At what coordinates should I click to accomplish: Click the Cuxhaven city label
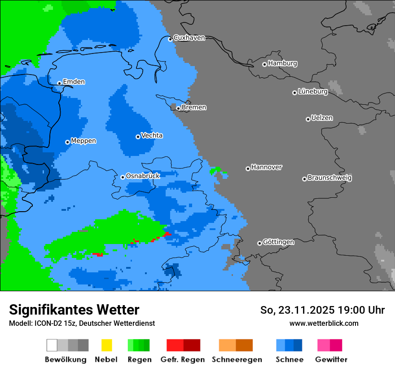click(189, 38)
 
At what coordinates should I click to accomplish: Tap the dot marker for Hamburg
click(264, 64)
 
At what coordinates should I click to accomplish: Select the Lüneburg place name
click(313, 92)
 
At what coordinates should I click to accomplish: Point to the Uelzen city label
click(322, 118)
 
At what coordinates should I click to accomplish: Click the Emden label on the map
click(74, 82)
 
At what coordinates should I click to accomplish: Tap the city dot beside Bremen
click(178, 108)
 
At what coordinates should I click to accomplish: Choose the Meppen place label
click(83, 141)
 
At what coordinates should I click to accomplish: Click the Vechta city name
click(152, 135)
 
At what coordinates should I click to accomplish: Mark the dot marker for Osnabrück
click(123, 177)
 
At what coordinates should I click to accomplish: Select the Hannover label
click(267, 167)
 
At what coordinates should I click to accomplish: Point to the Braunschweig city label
click(329, 178)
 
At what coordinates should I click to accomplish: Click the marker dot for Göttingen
click(259, 243)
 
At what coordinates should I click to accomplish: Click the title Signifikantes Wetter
click(74, 310)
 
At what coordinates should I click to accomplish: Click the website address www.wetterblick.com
click(324, 323)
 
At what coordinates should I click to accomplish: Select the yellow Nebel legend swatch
click(106, 345)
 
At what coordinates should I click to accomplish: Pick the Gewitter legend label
click(331, 360)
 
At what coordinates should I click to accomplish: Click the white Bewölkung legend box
click(52, 345)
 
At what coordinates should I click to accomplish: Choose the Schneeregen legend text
click(237, 360)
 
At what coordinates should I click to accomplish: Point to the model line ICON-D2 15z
click(82, 323)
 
